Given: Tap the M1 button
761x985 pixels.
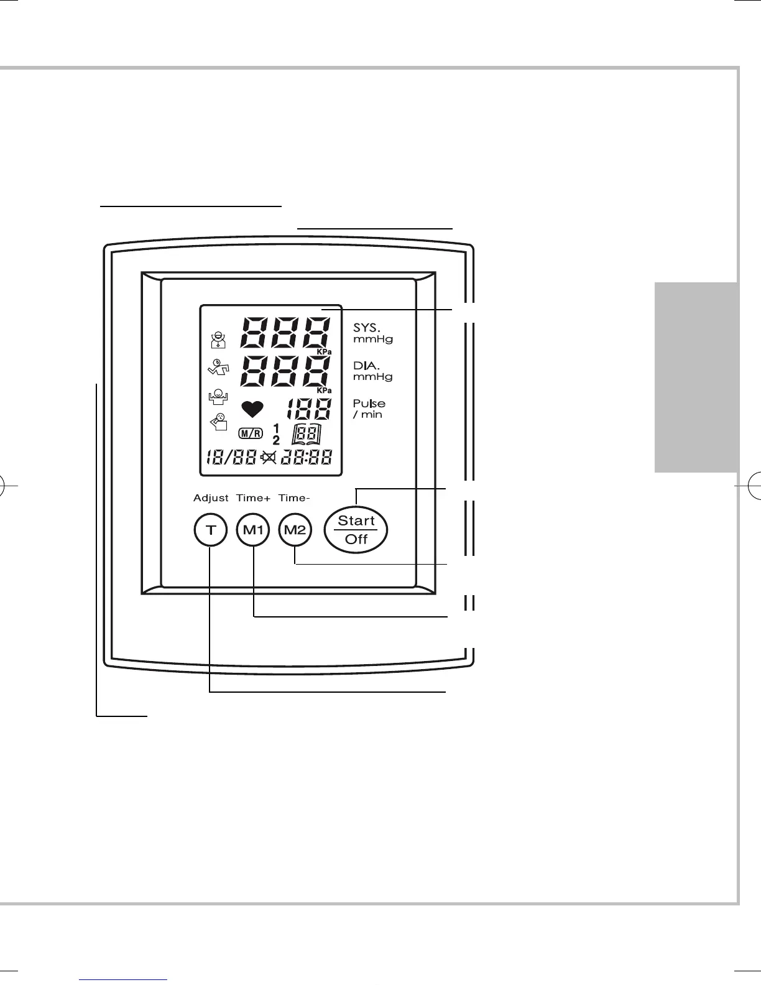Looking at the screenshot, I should point(253,530).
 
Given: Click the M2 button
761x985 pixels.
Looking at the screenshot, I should point(295,530).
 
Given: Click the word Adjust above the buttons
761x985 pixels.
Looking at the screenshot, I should point(211,498).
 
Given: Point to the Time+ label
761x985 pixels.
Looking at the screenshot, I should point(254,498).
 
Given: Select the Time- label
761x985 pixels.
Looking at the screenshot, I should point(294,498).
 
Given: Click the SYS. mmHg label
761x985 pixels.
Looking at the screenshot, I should point(372,333).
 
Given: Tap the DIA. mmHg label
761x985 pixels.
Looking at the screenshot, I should point(372,371).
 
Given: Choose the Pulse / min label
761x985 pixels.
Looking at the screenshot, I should point(369,409).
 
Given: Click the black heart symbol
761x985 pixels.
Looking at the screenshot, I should point(252,409).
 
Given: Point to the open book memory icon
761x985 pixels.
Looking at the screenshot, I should point(307,433).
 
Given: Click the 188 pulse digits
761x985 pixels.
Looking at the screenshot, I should point(308,409).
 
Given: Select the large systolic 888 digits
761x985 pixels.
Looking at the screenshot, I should point(285,332).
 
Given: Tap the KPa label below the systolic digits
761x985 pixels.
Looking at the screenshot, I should point(325,352).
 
